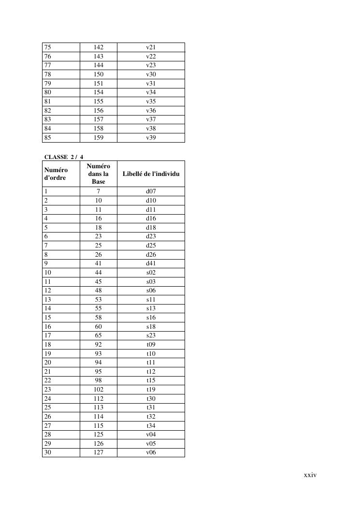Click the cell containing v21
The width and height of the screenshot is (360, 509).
[x=151, y=47]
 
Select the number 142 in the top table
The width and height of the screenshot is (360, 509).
[x=99, y=47]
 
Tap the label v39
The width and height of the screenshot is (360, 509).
[x=151, y=138]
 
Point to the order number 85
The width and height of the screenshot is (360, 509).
[x=48, y=138]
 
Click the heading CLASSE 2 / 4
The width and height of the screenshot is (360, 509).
[x=64, y=157]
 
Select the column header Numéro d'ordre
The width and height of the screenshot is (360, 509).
[x=56, y=174]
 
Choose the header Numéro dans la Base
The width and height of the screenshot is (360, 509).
[x=99, y=174]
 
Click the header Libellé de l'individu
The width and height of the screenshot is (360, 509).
[x=151, y=174]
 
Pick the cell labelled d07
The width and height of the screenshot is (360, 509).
[x=151, y=191]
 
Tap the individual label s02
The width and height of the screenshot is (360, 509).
[x=151, y=273]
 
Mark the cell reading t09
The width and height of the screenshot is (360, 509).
[x=151, y=345]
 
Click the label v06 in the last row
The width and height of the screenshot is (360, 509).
[x=151, y=453]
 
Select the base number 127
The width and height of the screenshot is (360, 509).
[x=99, y=453]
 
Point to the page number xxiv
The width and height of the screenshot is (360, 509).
[x=310, y=475]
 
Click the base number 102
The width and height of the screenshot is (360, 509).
[x=99, y=390]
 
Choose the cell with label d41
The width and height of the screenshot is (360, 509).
[x=151, y=263]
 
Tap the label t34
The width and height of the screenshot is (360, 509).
[x=151, y=426]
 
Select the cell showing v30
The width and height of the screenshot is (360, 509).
[x=151, y=74]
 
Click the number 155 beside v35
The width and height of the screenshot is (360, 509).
[x=99, y=102]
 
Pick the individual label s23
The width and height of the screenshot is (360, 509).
[x=151, y=335]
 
